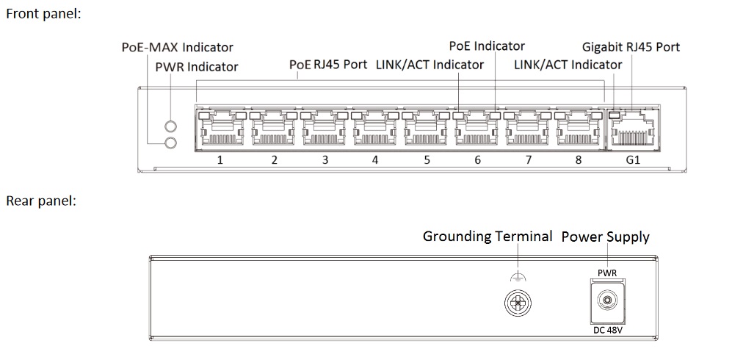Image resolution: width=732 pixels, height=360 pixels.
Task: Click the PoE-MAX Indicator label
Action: (x=178, y=47)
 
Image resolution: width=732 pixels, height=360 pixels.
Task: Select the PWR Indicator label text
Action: (x=197, y=67)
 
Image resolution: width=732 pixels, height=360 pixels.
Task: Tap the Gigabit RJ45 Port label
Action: (x=631, y=47)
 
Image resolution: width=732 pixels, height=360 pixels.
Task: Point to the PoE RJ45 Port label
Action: (x=328, y=64)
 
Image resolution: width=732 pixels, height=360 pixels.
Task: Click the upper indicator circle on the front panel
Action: (x=171, y=126)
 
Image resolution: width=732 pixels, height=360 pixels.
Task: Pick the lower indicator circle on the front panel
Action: (x=171, y=143)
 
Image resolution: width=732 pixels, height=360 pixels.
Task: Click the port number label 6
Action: (x=477, y=160)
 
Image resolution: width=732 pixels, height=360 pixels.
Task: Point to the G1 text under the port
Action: (x=633, y=160)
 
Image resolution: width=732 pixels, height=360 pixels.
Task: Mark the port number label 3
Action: (x=325, y=160)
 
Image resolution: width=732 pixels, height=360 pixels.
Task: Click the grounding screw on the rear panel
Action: (x=518, y=303)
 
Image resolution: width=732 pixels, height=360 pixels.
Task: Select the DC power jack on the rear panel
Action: (x=607, y=301)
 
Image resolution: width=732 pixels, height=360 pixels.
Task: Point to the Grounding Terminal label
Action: (x=488, y=237)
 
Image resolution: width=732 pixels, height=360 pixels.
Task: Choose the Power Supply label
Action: (x=605, y=237)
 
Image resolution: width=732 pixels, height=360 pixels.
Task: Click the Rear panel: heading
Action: (x=40, y=201)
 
